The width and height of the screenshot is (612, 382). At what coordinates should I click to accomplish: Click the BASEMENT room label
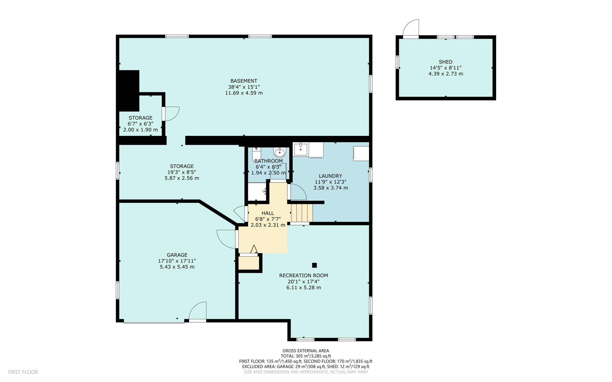[x=244, y=81]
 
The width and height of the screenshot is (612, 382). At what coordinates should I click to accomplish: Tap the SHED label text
[x=445, y=62]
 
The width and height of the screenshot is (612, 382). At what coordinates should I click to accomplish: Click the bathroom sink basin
[x=280, y=153]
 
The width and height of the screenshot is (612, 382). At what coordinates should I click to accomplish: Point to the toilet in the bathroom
[x=256, y=154]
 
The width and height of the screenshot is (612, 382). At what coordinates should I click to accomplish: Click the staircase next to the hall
[x=302, y=213]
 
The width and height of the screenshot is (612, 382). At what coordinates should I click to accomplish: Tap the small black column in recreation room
[x=314, y=265]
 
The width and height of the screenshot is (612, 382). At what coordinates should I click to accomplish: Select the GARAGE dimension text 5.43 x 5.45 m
[x=177, y=267]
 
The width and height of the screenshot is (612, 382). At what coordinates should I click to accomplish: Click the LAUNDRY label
[x=330, y=176]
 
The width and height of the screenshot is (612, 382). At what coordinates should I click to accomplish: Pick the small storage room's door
[x=171, y=114]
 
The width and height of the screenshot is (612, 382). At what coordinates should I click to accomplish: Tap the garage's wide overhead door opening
[x=154, y=322]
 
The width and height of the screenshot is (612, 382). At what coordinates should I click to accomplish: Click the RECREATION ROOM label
[x=303, y=275]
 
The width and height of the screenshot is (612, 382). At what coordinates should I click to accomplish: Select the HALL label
[x=267, y=213]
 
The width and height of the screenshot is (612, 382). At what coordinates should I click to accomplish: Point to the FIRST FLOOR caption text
[x=23, y=372]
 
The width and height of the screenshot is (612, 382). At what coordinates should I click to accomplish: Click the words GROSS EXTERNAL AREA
[x=305, y=351]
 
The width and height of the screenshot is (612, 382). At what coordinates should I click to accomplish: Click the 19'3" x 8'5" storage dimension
[x=182, y=172]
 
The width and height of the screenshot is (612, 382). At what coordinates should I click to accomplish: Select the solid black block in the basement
[x=129, y=90]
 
